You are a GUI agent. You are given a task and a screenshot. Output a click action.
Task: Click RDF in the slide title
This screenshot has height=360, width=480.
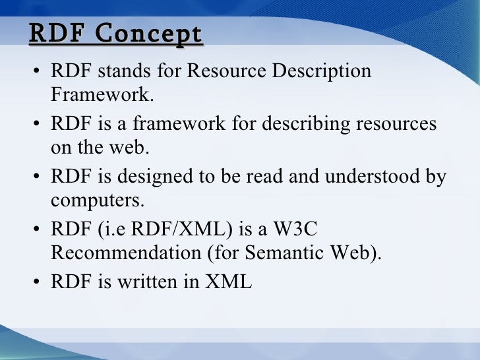click(x=58, y=34)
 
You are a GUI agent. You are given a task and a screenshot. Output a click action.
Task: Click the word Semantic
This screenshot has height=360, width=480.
click(x=293, y=254)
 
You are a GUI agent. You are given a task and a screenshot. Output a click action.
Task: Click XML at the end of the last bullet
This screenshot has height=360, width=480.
click(x=229, y=282)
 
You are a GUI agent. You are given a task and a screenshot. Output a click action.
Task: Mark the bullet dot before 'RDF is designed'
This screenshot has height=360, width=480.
click(x=38, y=177)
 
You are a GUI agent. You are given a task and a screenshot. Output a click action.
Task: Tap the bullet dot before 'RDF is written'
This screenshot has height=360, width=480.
click(x=38, y=283)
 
